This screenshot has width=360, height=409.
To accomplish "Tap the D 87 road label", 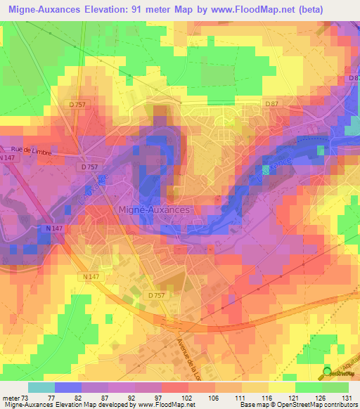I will tap(272, 104).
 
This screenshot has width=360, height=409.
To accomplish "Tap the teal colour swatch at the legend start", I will tap(41, 387).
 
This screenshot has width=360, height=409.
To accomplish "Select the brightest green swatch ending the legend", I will tap(335, 387).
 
